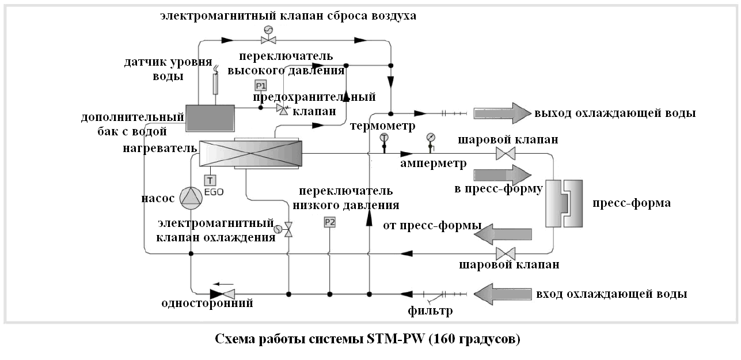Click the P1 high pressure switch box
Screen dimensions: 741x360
(261, 86)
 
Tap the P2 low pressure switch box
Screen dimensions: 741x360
(330, 222)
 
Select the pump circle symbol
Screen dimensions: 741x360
(191, 198)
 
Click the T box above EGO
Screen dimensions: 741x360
(210, 180)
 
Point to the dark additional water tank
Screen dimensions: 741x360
(210, 118)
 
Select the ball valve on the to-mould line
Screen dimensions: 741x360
(506, 154)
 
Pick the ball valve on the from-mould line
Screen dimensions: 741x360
(506, 254)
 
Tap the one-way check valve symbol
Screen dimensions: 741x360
(222, 294)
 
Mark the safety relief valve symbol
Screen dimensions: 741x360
(283, 109)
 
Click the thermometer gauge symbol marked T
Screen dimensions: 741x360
(384, 143)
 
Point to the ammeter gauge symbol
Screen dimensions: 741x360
(431, 143)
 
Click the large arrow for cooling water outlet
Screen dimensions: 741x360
(503, 113)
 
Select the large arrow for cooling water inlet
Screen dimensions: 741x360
(503, 294)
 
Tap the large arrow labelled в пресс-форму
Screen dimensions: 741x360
(503, 175)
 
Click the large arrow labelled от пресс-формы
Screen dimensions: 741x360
(503, 234)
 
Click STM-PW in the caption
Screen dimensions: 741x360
(396, 339)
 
